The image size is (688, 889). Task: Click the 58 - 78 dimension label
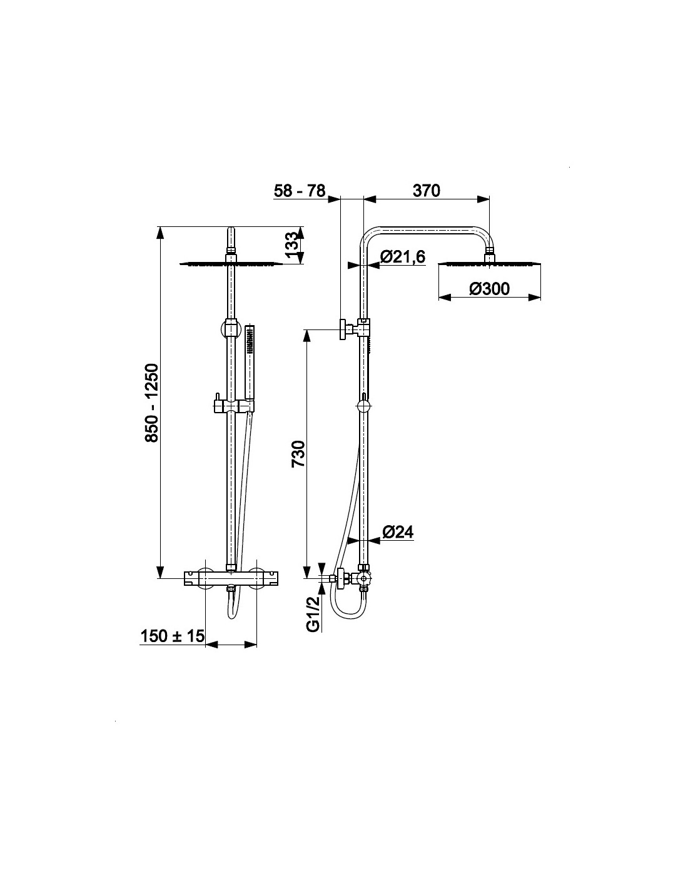300,191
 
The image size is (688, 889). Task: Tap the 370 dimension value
426,191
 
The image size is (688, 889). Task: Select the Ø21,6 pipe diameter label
403,256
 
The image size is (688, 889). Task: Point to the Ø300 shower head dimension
490,289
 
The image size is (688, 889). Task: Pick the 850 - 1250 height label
152,403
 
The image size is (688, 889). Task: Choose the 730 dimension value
298,454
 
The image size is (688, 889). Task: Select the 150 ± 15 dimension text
172,636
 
